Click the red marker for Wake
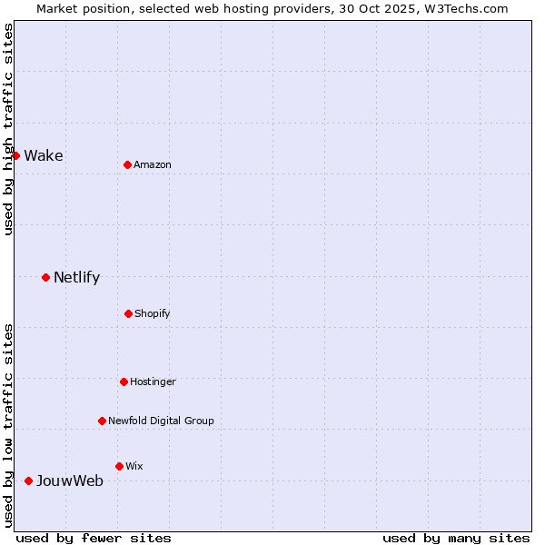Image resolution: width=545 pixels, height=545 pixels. (15, 155)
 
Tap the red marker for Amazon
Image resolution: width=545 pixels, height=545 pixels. (128, 164)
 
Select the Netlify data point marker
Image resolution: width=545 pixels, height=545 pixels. (45, 277)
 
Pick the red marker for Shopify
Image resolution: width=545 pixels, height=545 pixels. (128, 313)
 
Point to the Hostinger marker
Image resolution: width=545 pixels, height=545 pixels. (124, 381)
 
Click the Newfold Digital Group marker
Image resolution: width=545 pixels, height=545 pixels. (102, 421)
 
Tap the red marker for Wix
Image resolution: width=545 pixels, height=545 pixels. (119, 466)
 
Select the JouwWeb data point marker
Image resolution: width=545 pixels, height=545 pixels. (28, 481)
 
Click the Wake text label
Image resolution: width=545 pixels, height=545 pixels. (44, 155)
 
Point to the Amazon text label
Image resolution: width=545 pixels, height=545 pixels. (153, 164)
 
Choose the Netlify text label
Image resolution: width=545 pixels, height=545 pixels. (77, 277)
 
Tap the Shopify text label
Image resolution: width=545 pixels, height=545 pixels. (153, 313)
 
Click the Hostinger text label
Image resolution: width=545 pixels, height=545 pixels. (153, 381)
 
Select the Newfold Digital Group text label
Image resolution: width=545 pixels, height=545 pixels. (162, 421)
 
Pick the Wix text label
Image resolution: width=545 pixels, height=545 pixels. (134, 466)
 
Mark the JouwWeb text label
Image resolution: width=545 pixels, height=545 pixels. (70, 481)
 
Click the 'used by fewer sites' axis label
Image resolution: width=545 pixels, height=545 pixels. (94, 538)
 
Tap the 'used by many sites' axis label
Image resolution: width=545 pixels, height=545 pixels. (456, 538)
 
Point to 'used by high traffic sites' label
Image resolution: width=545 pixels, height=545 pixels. (8, 129)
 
